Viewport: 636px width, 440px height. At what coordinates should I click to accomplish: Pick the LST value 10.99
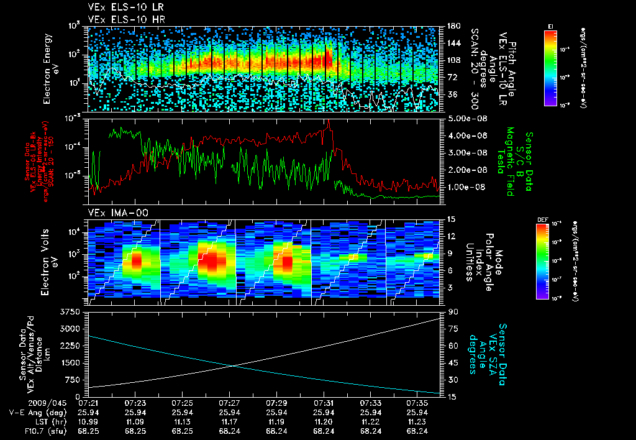88,421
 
